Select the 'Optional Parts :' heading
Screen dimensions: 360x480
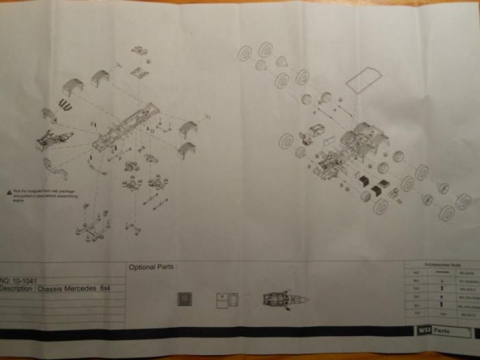153,267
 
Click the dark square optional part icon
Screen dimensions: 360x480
184,299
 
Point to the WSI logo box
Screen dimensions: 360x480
424,331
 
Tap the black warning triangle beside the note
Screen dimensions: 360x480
8,191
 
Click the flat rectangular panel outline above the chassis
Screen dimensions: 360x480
363,80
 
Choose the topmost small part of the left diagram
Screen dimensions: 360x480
139,50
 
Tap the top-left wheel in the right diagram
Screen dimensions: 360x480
245,53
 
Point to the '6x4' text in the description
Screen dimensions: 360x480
105,289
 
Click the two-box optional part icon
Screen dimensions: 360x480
227,299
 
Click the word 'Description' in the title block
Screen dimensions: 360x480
19,289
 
